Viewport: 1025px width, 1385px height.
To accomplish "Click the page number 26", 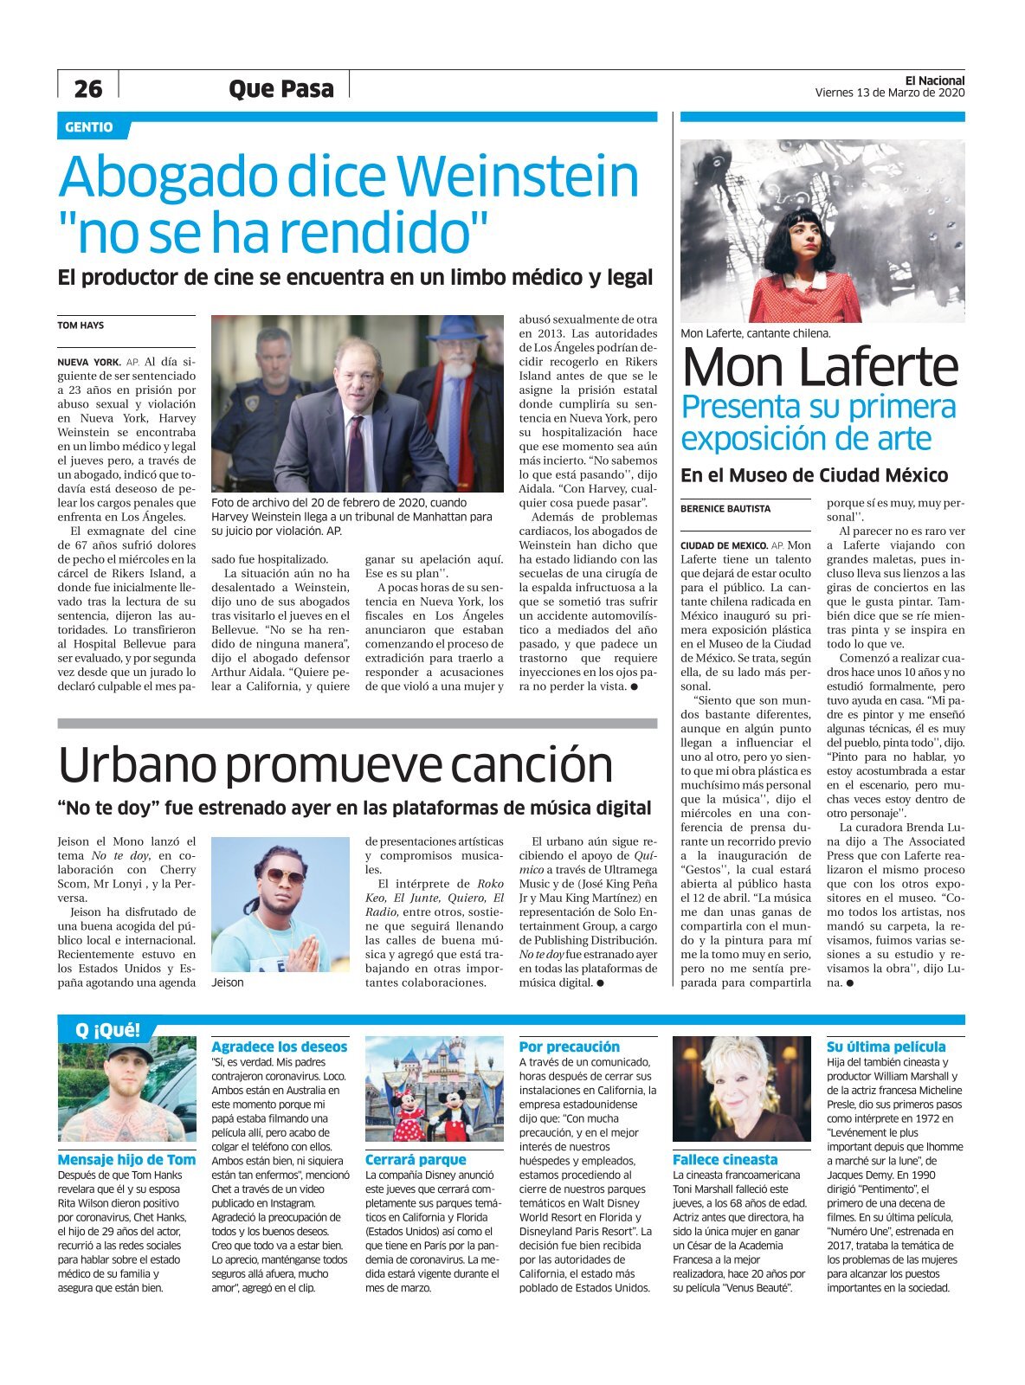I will [x=87, y=88].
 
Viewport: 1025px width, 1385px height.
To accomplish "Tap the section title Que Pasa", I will [x=280, y=88].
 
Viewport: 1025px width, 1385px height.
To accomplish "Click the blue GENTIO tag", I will [x=89, y=127].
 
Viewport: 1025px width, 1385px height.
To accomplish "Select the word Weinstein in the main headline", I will [x=516, y=177].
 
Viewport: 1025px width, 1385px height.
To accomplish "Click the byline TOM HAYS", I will [x=81, y=325].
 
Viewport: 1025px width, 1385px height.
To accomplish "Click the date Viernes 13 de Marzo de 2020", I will [x=889, y=93].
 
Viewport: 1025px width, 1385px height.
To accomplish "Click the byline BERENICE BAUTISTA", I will [x=725, y=509].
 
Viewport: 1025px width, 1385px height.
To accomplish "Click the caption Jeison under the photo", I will [x=228, y=982].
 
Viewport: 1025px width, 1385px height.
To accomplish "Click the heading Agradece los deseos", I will [x=279, y=1047].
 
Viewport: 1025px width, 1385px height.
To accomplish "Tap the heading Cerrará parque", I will [x=416, y=1159].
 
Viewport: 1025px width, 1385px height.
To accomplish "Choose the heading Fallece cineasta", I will [x=725, y=1159].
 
